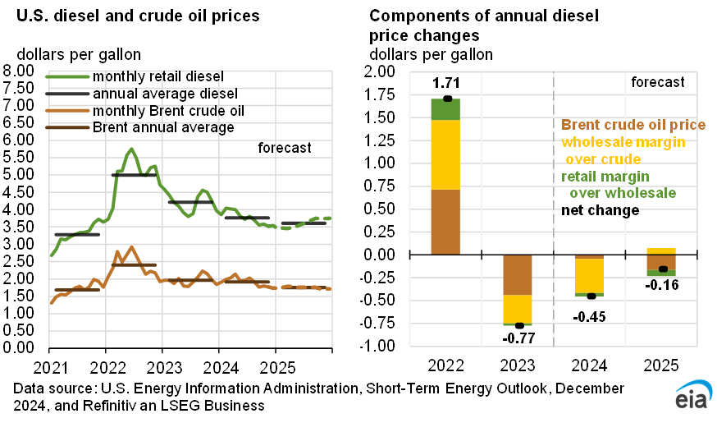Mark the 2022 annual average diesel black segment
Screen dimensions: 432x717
click(134, 175)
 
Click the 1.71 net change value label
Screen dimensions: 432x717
click(445, 84)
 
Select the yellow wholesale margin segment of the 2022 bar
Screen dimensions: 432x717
click(445, 154)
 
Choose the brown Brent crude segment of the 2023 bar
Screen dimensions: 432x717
click(518, 274)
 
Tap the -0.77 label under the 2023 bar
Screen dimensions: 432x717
click(518, 337)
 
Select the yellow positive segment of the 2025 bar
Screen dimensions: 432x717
click(661, 251)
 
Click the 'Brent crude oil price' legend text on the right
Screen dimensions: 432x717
click(633, 125)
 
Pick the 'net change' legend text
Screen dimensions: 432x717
click(600, 210)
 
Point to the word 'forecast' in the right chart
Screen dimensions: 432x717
click(658, 82)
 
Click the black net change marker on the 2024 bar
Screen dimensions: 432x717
click(590, 296)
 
